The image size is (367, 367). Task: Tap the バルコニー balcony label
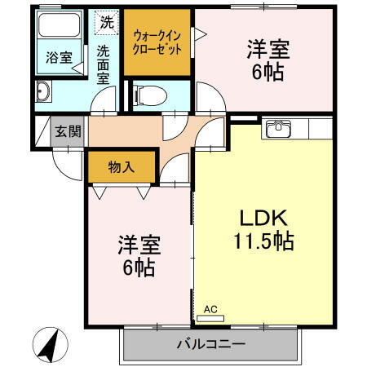click(210, 344)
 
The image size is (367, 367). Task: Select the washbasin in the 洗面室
click(43, 91)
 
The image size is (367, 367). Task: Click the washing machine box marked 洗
click(107, 23)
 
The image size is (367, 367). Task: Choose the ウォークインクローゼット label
click(157, 42)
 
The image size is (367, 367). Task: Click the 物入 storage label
click(121, 167)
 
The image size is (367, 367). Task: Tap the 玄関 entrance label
click(68, 131)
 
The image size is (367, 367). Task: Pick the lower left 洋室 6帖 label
click(137, 254)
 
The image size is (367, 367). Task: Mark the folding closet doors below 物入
click(122, 192)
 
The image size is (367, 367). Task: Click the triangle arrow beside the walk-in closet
click(201, 35)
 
